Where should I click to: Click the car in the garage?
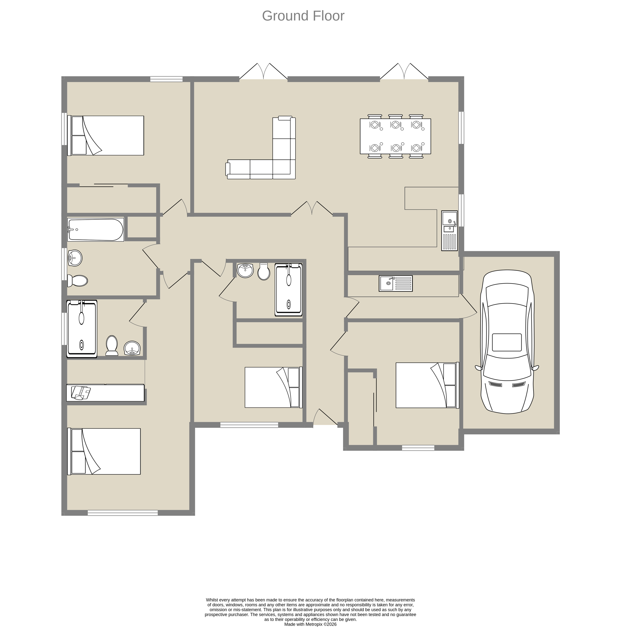coord(507,342)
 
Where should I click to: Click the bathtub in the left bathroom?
coord(95,229)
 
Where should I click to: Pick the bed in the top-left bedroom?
coord(106,135)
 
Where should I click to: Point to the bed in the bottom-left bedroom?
coord(104,451)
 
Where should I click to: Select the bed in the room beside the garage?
coord(427,385)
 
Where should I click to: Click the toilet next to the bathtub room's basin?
coord(77,281)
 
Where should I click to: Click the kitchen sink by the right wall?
coord(449,231)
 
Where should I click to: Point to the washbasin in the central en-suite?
coord(245,270)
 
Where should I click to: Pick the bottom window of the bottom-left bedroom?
coord(123,513)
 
